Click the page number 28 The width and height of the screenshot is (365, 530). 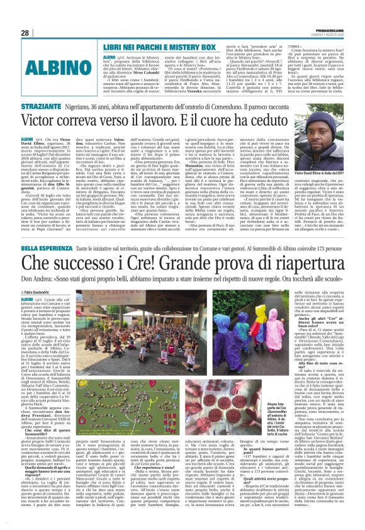(x=25, y=33)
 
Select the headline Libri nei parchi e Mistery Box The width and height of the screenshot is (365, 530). (x=157, y=47)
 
